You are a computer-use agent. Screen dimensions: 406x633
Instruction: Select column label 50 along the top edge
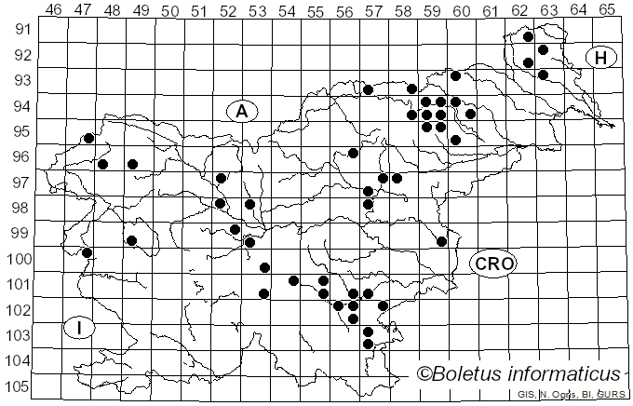point(169,9)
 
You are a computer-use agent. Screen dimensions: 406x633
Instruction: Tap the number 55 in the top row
point(316,9)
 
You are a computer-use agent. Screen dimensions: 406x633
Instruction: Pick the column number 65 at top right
point(607,9)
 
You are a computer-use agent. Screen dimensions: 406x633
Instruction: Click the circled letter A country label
point(242,112)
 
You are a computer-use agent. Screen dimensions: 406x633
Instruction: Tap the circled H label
point(601,58)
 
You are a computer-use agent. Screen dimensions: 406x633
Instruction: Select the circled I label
point(81,328)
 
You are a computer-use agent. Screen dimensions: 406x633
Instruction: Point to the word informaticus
point(569,373)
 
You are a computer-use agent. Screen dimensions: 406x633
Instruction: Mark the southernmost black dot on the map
point(368,345)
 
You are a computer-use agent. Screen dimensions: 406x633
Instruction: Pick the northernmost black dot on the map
point(529,37)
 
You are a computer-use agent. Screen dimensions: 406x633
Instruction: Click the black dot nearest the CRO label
point(442,241)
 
